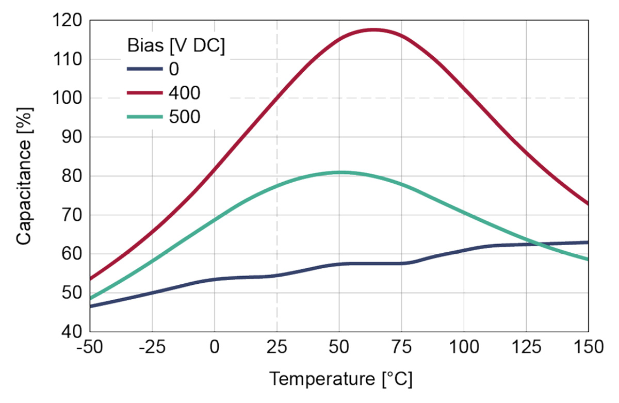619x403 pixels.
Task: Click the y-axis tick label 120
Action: [67, 21]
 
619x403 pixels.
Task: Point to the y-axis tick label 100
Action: [67, 98]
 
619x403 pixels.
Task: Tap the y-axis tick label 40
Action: [71, 331]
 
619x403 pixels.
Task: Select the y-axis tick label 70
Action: [71, 215]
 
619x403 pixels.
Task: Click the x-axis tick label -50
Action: [90, 347]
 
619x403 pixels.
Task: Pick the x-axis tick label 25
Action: [277, 347]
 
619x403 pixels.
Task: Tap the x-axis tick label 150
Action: [588, 347]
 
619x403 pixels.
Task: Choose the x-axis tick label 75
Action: [401, 347]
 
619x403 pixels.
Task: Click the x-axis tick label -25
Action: [152, 347]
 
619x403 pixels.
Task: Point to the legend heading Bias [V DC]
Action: [176, 45]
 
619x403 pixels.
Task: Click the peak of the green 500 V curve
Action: [339, 172]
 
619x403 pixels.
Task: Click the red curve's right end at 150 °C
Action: [588, 204]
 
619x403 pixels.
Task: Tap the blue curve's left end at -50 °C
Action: [91, 306]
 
